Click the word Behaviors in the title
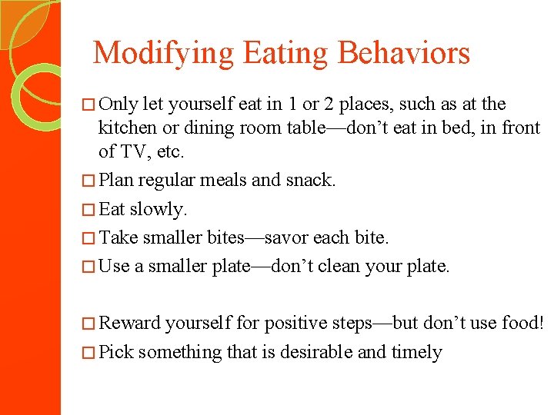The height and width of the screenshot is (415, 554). [404, 53]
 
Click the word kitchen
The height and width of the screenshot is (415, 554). [127, 128]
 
